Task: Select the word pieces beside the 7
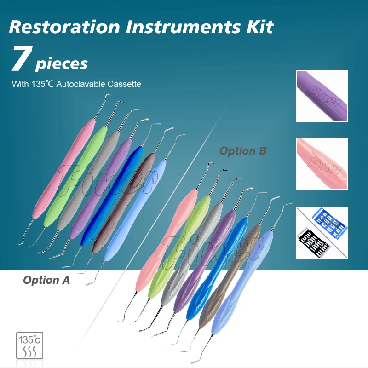[x=61, y=63]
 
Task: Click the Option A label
[x=46, y=280]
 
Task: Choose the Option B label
[x=243, y=150]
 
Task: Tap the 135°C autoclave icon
[x=30, y=345]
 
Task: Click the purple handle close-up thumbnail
[x=322, y=96]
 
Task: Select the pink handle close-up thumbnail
[x=322, y=163]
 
